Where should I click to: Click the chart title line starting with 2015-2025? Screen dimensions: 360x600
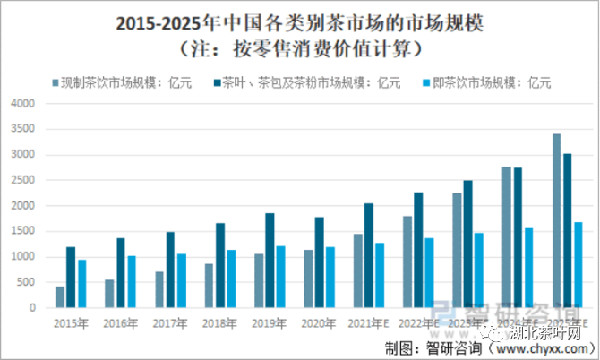coord(300,21)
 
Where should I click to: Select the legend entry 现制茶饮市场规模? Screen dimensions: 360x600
coord(125,84)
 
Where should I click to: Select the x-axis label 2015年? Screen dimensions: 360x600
coord(70,321)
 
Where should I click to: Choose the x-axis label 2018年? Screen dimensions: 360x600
coord(219,321)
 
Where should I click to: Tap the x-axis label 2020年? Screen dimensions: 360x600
coord(319,321)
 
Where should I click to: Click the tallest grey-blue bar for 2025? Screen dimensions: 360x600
coord(556,221)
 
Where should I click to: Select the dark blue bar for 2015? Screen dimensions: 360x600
coord(71,278)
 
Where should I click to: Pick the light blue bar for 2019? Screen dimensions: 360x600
coord(280,277)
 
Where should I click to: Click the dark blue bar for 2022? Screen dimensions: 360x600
coord(418,250)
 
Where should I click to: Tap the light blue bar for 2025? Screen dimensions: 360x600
coord(579,265)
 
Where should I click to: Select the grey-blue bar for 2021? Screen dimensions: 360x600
coord(357,271)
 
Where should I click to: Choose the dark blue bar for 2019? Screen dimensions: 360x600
coord(270,261)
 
